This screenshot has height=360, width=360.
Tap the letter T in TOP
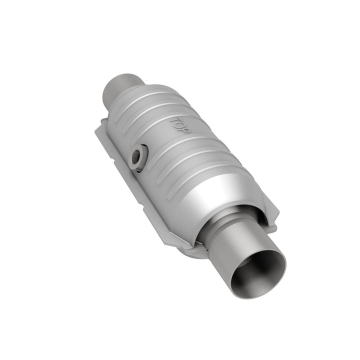[173, 120]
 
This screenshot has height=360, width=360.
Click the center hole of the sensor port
[135, 158]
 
